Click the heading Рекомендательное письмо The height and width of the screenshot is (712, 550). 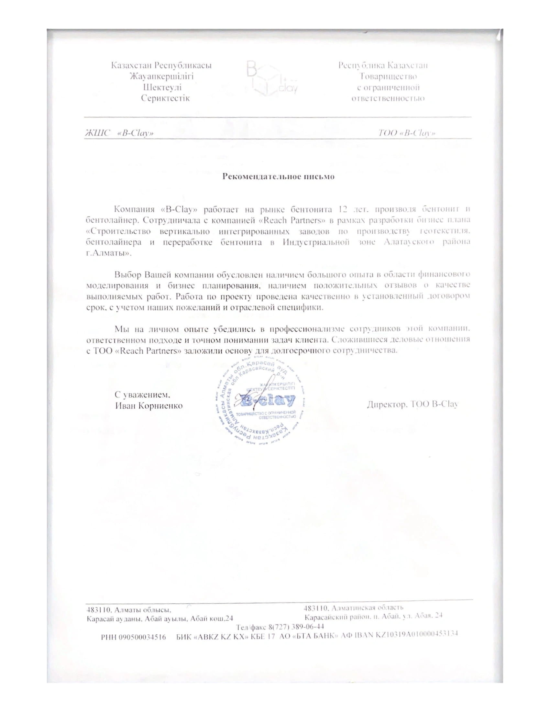point(278,177)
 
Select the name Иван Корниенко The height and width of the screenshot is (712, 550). point(148,406)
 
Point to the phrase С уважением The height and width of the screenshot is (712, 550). point(142,395)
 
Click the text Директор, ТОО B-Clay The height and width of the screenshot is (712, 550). point(412,405)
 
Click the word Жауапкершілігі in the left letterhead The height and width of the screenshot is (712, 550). point(162,77)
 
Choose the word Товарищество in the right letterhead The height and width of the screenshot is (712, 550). point(388,77)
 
